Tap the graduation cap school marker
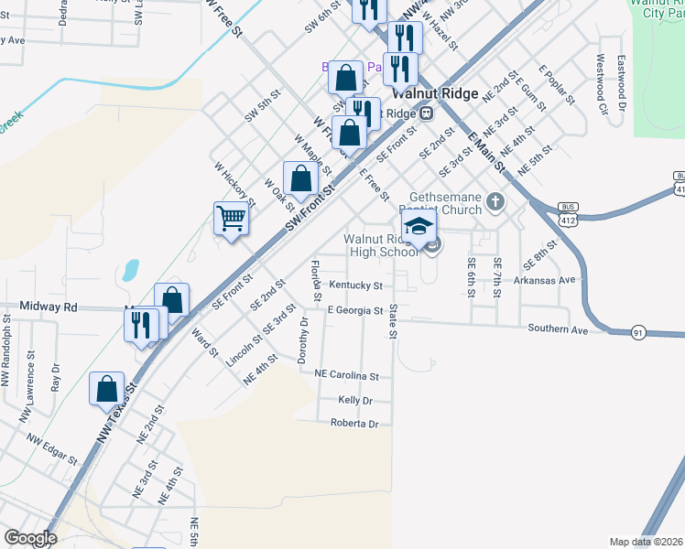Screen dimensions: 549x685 (418, 226)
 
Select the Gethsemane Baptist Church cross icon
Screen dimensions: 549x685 (495, 200)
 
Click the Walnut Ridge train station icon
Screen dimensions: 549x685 (427, 113)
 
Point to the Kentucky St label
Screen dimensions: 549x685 (355, 285)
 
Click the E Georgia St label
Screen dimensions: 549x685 (355, 311)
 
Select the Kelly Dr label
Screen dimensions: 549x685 (355, 401)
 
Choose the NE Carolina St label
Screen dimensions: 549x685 (346, 375)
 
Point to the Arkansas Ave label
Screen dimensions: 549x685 (543, 280)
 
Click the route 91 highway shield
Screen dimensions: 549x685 (637, 333)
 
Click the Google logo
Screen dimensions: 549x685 (31, 539)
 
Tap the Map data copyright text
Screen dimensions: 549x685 (646, 542)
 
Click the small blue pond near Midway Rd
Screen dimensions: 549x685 (130, 270)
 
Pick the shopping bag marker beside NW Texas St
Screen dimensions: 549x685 (106, 388)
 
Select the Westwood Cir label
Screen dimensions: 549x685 (602, 85)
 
